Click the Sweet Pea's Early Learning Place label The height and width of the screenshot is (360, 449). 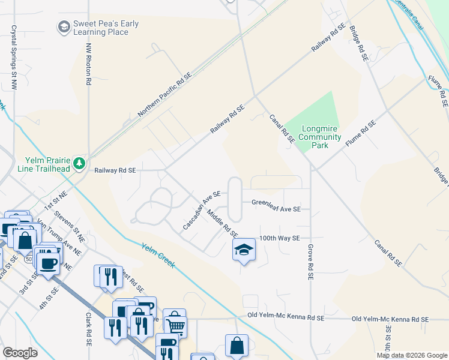pyautogui.click(x=106, y=28)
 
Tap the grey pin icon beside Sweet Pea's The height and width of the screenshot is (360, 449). pyautogui.click(x=64, y=27)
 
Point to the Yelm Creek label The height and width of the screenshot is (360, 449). pyautogui.click(x=158, y=255)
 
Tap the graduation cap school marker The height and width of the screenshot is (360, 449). pyautogui.click(x=244, y=250)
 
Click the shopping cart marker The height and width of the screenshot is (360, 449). pyautogui.click(x=175, y=325)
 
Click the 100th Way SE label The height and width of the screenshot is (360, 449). pyautogui.click(x=279, y=238)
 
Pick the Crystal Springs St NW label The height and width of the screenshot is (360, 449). pyautogui.click(x=13, y=55)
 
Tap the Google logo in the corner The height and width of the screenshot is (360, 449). pyautogui.click(x=20, y=353)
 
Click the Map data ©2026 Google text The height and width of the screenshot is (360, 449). pyautogui.click(x=412, y=355)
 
